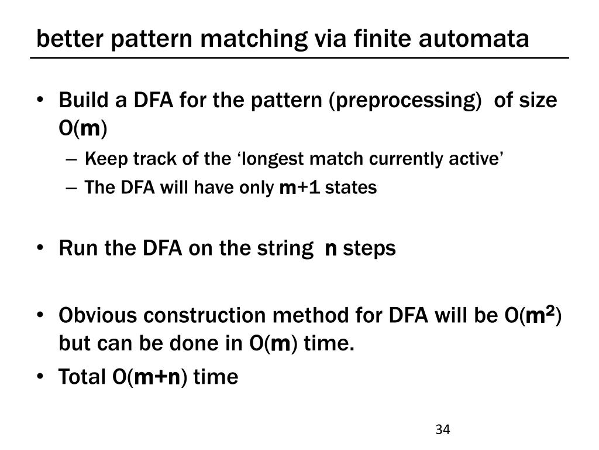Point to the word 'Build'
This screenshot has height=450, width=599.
(x=79, y=100)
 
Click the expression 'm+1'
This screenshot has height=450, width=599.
(x=300, y=188)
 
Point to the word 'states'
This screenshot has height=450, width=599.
(x=351, y=188)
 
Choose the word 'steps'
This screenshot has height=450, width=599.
(x=369, y=248)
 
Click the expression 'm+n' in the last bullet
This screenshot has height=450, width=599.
(x=158, y=378)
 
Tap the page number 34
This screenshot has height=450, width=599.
(x=442, y=429)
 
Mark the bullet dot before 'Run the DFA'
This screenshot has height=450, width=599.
(x=46, y=248)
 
